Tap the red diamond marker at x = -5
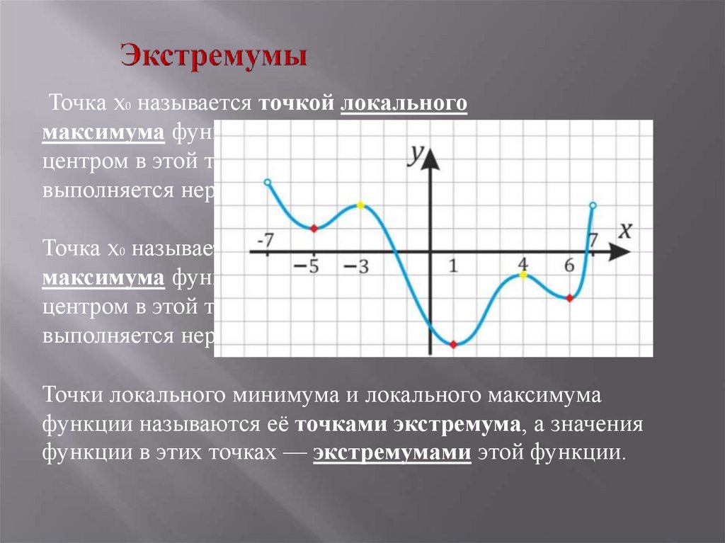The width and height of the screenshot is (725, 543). (x=314, y=227)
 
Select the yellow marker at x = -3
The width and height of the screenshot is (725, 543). (x=360, y=205)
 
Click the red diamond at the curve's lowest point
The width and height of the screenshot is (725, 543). (x=453, y=345)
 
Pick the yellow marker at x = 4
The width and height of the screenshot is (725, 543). (x=523, y=275)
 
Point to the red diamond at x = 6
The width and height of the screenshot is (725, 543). (x=569, y=298)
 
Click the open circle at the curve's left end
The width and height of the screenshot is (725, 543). (x=267, y=183)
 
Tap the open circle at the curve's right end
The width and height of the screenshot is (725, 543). (x=593, y=205)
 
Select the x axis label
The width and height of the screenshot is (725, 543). (x=624, y=231)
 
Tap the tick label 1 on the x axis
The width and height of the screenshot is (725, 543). (x=453, y=266)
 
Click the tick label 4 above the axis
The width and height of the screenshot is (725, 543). (x=523, y=262)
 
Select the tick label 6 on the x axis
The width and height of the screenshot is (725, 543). (x=569, y=265)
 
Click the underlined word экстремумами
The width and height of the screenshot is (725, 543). (x=392, y=452)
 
